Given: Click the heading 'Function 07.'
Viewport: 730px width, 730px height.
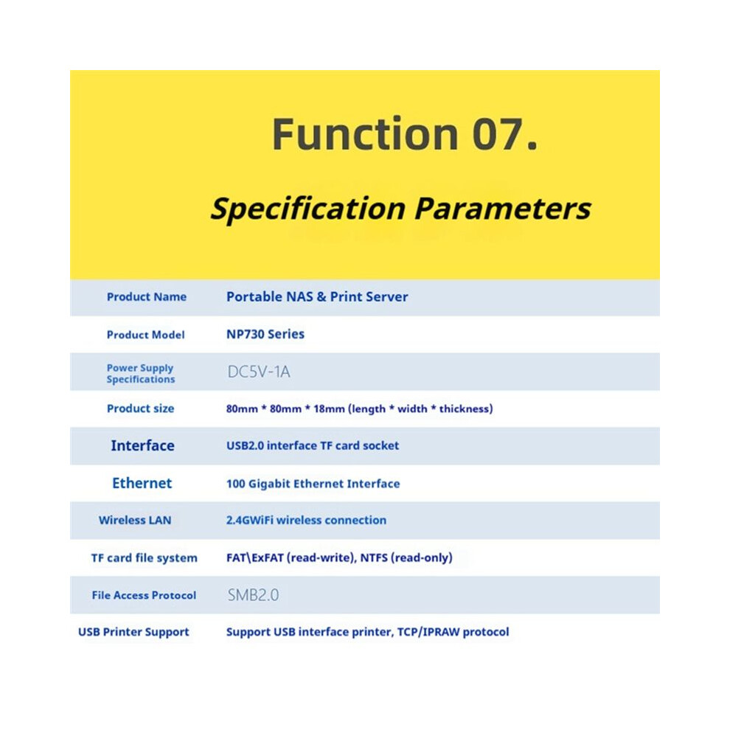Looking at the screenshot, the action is coord(405,134).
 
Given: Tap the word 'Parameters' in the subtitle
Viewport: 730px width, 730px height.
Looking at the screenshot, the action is coord(502,209).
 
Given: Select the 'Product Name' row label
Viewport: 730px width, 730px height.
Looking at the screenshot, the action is coord(147,297).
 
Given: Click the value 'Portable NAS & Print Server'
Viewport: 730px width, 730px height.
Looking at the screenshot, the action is coord(317,297).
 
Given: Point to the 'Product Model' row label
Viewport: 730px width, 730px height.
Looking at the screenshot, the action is coord(146,335).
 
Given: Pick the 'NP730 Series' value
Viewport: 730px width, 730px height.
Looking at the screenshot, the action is coord(265,334).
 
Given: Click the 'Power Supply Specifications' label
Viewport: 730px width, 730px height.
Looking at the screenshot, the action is coord(141,373).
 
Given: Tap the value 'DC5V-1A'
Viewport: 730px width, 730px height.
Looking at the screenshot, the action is coord(259,372).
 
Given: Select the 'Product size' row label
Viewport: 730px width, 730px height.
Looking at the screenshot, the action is coord(140,409).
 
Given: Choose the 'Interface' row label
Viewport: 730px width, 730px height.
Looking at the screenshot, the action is coord(142,445).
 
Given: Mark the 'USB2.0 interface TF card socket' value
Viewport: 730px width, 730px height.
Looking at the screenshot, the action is coord(313,445).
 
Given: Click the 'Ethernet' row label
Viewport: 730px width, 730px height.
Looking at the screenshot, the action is coord(142,483).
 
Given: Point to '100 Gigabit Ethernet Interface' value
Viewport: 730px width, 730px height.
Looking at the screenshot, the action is coord(313,484).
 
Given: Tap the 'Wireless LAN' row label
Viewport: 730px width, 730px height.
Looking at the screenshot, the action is coord(135,521).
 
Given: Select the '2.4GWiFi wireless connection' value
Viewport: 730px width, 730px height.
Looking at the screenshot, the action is coord(306,520).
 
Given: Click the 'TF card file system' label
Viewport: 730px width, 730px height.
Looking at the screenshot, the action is coord(145,557).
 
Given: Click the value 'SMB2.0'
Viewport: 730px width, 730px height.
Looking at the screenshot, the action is coord(253,595).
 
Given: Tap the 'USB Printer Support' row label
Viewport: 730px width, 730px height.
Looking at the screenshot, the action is coord(133,632).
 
